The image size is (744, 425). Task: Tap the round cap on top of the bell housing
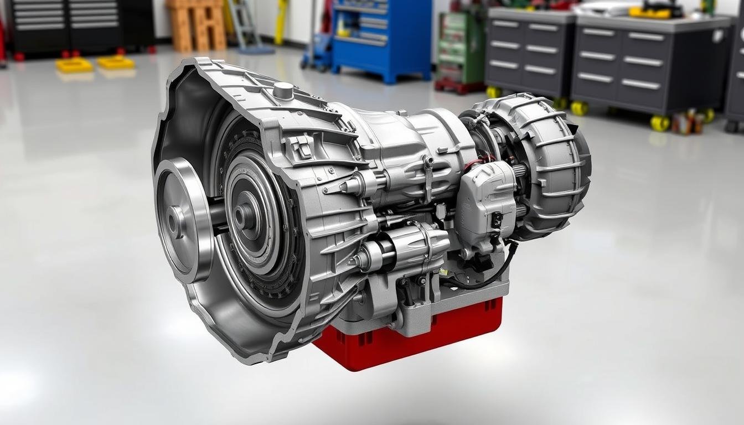point(283,91)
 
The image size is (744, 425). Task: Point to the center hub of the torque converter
point(244,216)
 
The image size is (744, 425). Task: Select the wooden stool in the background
point(197,25)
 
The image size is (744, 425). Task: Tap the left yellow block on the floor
point(74,65)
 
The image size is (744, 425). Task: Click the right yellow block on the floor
point(116,62)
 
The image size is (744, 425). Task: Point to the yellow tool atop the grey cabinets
point(656,11)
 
